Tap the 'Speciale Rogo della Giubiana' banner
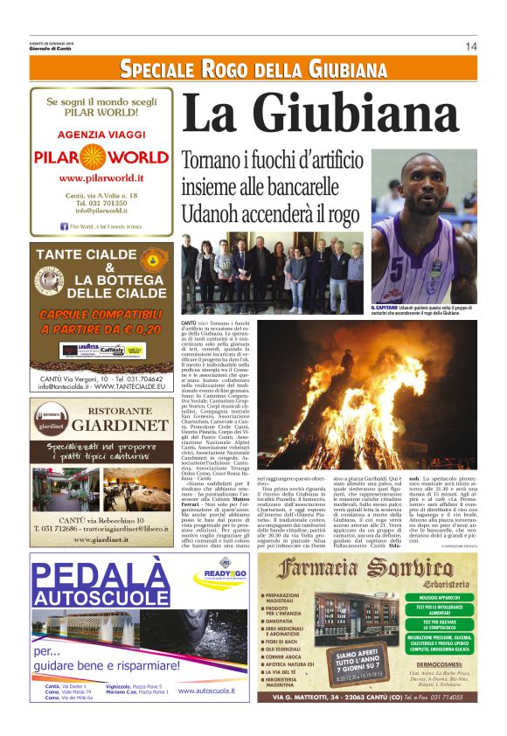(x=253, y=69)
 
